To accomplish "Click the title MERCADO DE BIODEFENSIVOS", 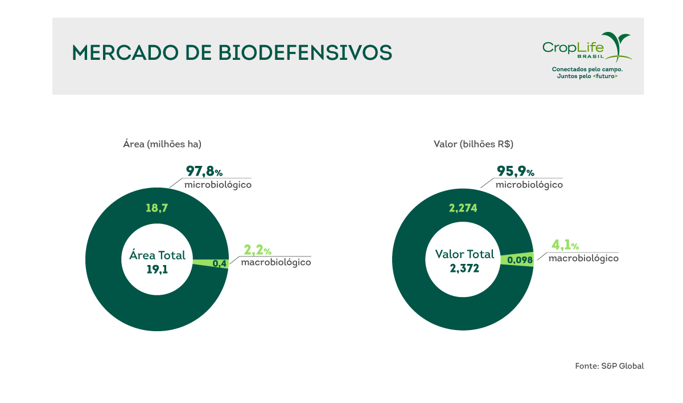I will tap(232, 52).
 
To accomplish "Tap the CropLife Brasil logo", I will tap(587, 47).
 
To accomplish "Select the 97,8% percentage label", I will tap(208, 172).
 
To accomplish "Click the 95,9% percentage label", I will tap(515, 172).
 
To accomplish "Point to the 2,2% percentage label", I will tap(257, 250).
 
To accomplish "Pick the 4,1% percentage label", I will tap(565, 246).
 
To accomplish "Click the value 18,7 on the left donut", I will tap(157, 208).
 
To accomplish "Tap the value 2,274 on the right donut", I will tap(463, 208).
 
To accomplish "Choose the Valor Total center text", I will tap(464, 254).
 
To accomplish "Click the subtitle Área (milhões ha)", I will tap(162, 144).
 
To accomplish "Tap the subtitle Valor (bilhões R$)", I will tap(474, 144).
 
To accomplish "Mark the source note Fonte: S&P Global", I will tap(609, 366).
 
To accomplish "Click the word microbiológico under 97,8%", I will tap(218, 185).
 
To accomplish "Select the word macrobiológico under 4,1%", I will tap(583, 258).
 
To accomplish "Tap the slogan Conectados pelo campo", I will tap(587, 69).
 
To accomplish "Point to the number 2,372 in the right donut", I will tap(464, 268).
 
